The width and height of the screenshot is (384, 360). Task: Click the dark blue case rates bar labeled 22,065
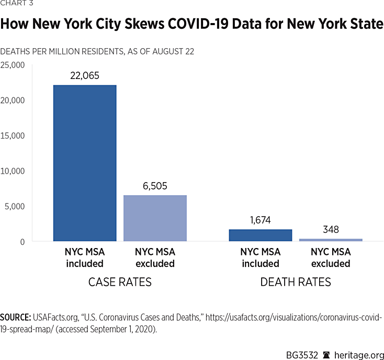(85, 163)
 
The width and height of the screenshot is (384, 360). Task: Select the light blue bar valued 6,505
(155, 218)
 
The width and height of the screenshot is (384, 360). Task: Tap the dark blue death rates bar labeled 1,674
(260, 235)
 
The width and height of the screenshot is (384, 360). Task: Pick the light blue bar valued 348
(331, 240)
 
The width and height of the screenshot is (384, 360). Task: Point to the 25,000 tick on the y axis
(13, 65)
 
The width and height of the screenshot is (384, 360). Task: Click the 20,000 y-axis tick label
(13, 100)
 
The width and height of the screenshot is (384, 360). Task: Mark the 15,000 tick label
(13, 136)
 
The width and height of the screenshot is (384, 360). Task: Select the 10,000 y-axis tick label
(13, 171)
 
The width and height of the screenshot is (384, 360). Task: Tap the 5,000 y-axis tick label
(15, 206)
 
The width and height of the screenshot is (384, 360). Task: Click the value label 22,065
(85, 76)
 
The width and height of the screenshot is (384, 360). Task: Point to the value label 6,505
(155, 186)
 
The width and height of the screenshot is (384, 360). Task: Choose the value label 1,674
(260, 220)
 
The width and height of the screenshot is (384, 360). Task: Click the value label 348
(331, 229)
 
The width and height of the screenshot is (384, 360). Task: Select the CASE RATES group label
(120, 283)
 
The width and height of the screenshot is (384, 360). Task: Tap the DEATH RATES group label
(296, 283)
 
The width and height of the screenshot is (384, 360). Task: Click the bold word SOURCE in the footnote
(15, 318)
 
